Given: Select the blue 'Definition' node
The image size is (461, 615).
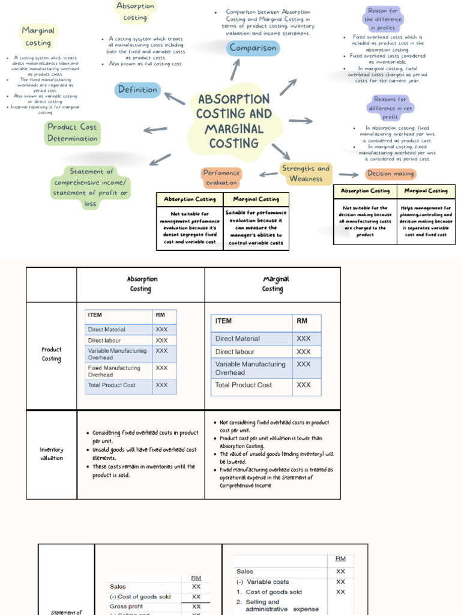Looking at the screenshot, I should coord(137,90).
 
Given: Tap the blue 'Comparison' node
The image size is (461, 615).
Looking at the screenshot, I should coord(253,48).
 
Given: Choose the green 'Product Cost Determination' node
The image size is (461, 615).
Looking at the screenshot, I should coord(72,133).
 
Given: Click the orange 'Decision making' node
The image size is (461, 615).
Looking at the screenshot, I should coord(390,174).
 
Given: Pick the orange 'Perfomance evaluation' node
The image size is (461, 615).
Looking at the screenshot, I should coord(221,177).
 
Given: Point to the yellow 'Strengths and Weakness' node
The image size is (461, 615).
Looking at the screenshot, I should coord(306,174).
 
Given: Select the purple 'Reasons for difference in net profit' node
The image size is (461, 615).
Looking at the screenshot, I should coord(390,108).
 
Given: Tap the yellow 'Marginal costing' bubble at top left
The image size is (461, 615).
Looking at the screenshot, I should coord(38,36).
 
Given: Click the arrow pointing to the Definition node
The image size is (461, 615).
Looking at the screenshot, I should coord(175,98).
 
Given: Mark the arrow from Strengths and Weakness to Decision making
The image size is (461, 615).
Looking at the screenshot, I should coord(349,174).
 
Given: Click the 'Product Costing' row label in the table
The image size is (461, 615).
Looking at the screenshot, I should coord(51,354).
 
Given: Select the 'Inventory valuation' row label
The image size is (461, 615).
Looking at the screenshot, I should coord(51,454).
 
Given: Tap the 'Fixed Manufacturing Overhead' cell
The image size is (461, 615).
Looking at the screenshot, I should coord(114,371).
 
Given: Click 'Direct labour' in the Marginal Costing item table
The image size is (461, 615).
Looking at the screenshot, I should coord(235,352).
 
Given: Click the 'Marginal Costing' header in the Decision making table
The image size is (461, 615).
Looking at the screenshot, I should coord(426,191).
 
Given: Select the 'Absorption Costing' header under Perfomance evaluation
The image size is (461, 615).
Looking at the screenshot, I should coord(190,199).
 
